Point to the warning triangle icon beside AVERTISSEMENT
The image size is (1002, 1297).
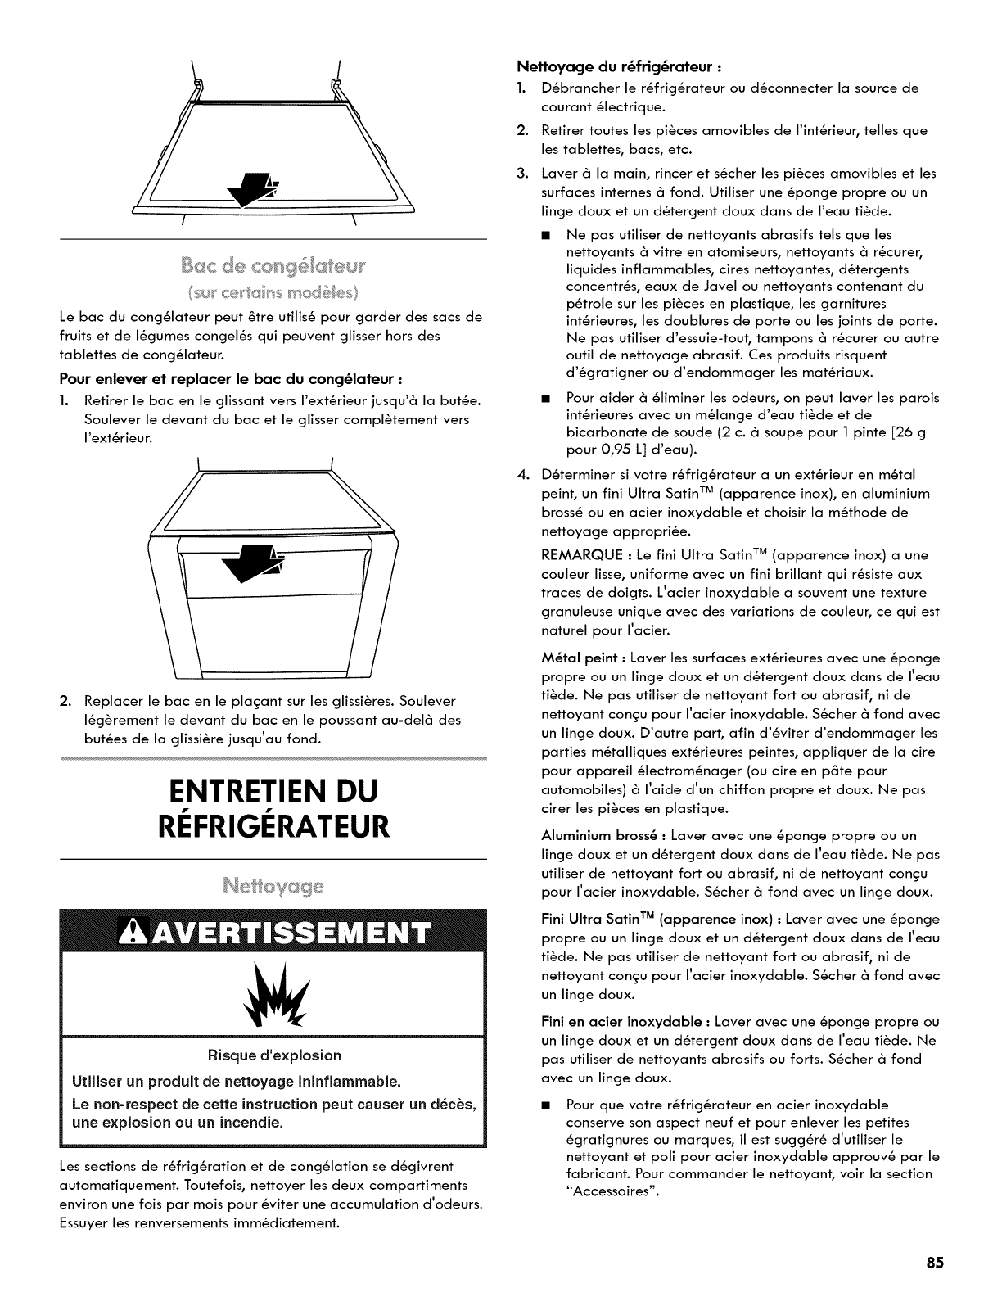click(133, 933)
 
